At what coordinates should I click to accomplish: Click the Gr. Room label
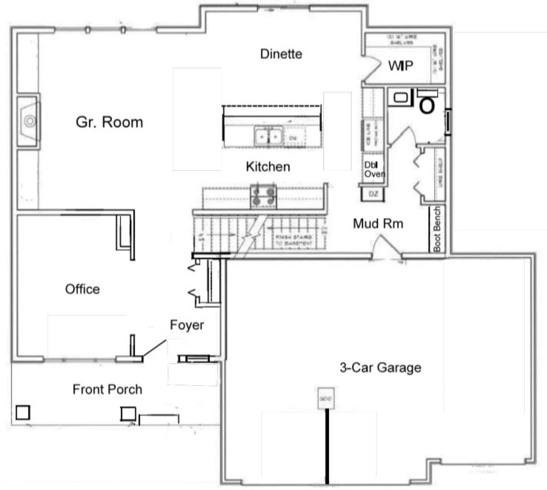[x=109, y=122]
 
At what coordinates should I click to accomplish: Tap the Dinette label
[x=281, y=53]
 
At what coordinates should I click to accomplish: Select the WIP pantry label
[x=400, y=66]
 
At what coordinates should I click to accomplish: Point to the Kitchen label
[x=268, y=166]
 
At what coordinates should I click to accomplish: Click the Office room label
[x=82, y=289]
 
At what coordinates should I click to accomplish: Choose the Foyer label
[x=187, y=325]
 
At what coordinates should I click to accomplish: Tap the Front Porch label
[x=107, y=389]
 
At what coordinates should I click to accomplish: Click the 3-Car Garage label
[x=380, y=367]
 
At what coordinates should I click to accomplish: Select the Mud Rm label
[x=378, y=223]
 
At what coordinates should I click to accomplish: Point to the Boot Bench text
[x=437, y=229]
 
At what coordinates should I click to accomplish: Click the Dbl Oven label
[x=374, y=170]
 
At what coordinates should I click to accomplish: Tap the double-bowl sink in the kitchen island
[x=268, y=136]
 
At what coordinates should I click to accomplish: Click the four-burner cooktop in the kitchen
[x=264, y=196]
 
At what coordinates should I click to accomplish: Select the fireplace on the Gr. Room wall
[x=29, y=121]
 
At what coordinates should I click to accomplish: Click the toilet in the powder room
[x=426, y=104]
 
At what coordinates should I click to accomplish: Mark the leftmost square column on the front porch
[x=23, y=412]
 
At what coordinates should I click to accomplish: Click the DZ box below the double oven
[x=373, y=194]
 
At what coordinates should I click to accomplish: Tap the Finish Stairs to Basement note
[x=293, y=240]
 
